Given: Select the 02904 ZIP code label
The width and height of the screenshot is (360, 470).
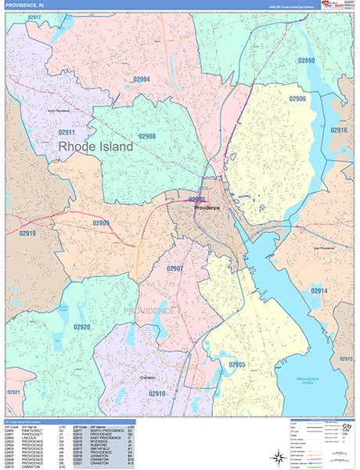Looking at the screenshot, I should (x=142, y=79).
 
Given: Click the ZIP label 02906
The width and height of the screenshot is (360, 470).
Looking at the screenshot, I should (x=297, y=99).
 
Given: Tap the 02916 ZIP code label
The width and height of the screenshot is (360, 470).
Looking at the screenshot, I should (x=339, y=130).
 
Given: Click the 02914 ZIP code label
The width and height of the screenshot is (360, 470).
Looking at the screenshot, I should (x=319, y=291).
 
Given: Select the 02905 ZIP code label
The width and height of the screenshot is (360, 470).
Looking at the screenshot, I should (x=237, y=365).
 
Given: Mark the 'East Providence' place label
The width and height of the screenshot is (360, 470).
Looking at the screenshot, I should (x=323, y=248).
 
